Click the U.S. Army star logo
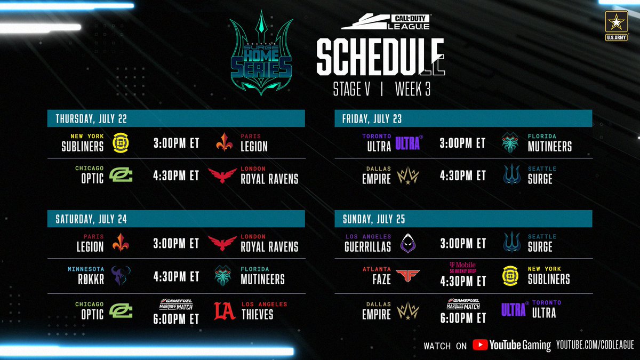(616, 24)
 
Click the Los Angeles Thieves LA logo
(225, 311)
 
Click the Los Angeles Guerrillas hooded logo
(407, 243)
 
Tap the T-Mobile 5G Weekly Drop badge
(462, 267)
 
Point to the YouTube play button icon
(480, 345)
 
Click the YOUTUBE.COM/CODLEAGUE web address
(594, 346)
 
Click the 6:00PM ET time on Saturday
(176, 318)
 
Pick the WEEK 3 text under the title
(413, 89)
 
